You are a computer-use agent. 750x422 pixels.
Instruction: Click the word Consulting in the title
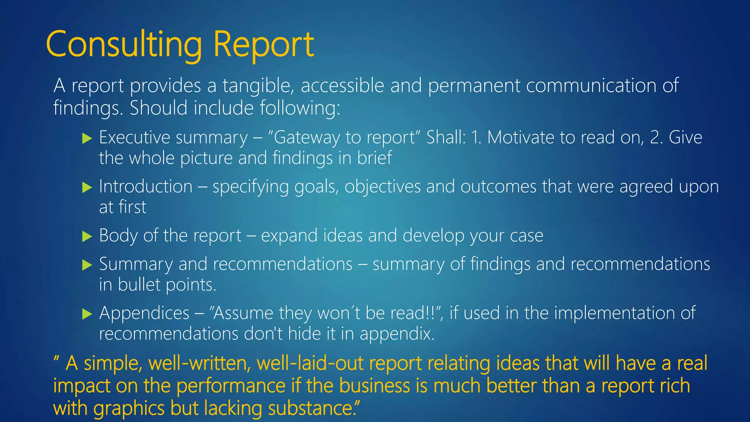pyautogui.click(x=124, y=45)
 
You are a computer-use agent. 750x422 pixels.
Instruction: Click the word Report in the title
pyautogui.click(x=263, y=45)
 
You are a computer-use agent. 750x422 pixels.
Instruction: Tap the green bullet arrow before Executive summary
pyautogui.click(x=87, y=138)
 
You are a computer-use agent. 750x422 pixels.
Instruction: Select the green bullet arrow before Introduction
pyautogui.click(x=87, y=188)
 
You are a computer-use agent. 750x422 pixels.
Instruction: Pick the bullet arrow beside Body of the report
pyautogui.click(x=87, y=236)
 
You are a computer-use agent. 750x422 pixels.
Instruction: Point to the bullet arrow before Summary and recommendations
pyautogui.click(x=87, y=265)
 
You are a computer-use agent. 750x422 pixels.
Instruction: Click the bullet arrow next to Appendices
pyautogui.click(x=87, y=314)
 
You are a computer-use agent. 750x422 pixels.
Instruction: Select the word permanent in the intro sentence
pyautogui.click(x=474, y=86)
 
